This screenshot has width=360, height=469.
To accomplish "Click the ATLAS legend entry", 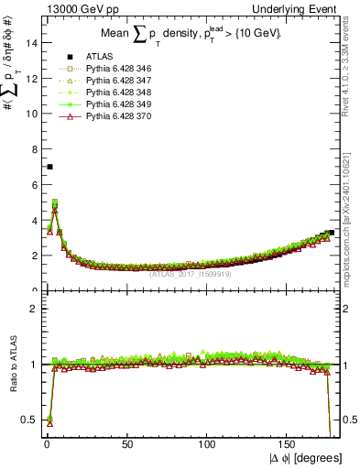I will coord(98,58).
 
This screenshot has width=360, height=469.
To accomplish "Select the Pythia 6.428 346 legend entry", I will coord(114,70).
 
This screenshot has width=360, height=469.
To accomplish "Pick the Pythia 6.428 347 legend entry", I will coord(114,82).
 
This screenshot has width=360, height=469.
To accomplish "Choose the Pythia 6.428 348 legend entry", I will coord(114,93).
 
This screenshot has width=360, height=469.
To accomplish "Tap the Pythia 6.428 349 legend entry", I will coord(114,105).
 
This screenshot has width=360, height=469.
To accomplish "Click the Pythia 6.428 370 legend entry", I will coord(114,117).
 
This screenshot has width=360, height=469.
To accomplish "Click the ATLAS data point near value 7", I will coord(49,167).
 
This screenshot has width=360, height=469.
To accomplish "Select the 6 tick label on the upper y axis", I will coord(34,185).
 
